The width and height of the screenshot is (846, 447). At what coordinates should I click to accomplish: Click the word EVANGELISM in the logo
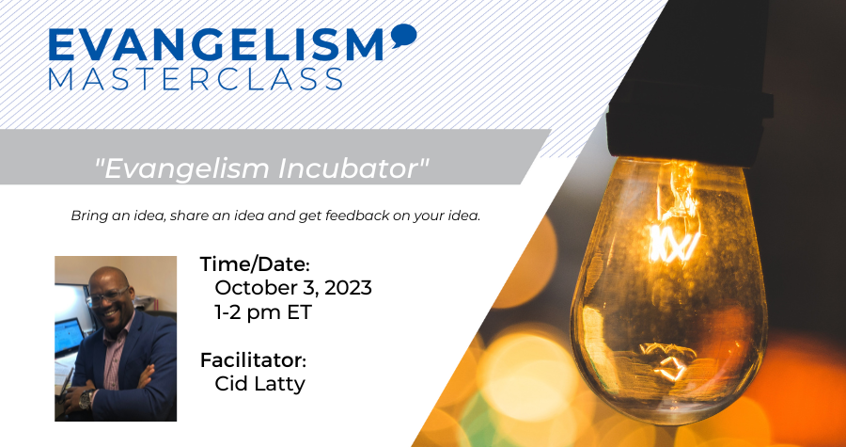(216, 44)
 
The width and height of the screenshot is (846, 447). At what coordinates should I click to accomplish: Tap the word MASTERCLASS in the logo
(196, 78)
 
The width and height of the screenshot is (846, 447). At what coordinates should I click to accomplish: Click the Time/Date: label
(255, 264)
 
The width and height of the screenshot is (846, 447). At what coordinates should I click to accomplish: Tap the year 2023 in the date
(348, 288)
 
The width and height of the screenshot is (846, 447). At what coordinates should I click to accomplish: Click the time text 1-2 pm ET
(263, 312)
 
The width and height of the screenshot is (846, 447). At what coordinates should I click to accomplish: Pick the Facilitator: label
(253, 360)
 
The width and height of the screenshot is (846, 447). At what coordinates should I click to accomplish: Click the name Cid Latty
(259, 384)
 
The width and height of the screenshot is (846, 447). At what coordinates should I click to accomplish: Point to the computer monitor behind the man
(68, 336)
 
